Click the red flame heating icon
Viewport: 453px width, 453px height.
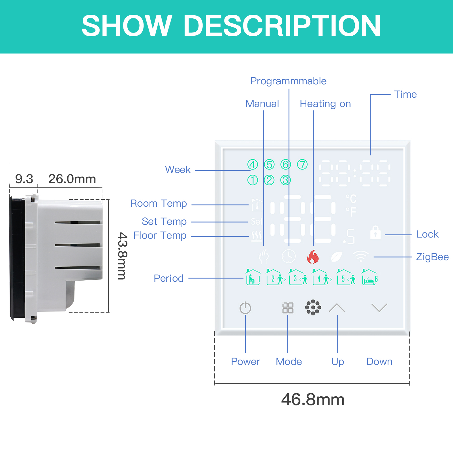[313, 257]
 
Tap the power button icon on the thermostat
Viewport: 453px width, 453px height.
[245, 308]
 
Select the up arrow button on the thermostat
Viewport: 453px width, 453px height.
[337, 307]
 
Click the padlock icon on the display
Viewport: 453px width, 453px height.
[375, 232]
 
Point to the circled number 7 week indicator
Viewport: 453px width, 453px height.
[302, 164]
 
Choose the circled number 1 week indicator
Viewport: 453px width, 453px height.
[253, 180]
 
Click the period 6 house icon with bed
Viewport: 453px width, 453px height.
[370, 277]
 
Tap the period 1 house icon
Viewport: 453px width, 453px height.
[253, 277]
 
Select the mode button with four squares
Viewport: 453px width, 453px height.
[288, 308]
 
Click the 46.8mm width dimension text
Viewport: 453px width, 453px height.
[313, 399]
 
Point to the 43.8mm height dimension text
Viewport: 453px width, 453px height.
[123, 256]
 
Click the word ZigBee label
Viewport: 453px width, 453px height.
[432, 257]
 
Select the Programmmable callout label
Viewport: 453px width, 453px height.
[288, 81]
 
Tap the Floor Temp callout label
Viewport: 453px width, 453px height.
[160, 235]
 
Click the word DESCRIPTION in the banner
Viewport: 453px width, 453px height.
[282, 26]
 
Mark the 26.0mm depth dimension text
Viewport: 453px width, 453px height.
[72, 179]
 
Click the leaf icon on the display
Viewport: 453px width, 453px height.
[337, 257]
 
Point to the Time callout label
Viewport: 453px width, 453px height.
[405, 94]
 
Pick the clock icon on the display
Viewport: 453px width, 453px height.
[289, 257]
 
